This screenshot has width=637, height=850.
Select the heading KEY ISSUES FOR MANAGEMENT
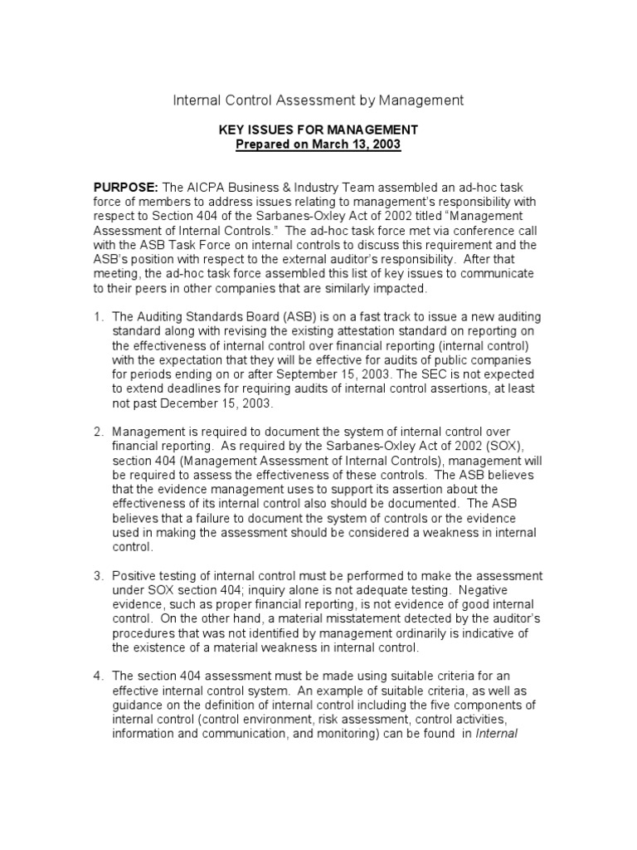(318, 130)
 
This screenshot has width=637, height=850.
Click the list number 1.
(97, 316)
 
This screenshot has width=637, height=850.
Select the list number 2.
(97, 432)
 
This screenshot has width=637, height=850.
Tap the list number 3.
(97, 575)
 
